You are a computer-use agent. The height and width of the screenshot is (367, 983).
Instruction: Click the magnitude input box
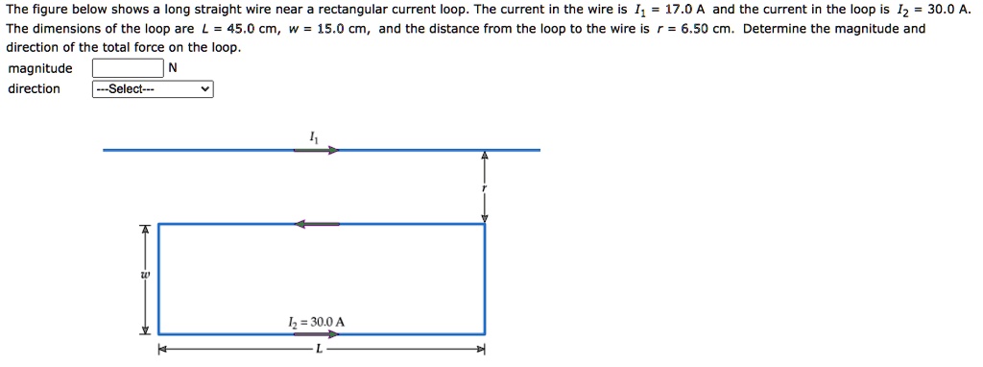tap(128, 68)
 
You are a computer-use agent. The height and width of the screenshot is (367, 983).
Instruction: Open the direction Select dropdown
tap(153, 89)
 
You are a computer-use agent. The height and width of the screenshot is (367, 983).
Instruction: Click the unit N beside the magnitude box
tap(172, 68)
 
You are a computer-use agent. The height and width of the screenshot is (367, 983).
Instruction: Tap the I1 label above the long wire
tap(311, 135)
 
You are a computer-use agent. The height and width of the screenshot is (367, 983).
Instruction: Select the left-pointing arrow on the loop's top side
tap(317, 224)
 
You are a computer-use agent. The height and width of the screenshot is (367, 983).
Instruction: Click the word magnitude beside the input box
tap(39, 68)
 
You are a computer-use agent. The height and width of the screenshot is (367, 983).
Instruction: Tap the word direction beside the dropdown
tap(34, 89)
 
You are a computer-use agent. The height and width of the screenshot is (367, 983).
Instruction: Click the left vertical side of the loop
tap(158, 279)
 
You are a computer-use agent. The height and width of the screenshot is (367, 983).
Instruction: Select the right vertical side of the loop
tap(485, 279)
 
